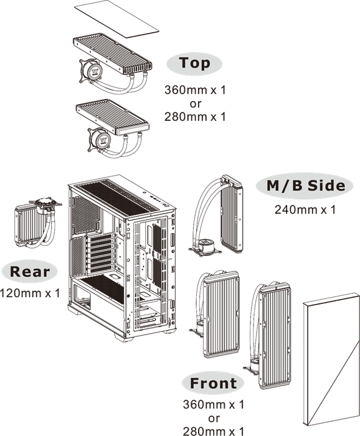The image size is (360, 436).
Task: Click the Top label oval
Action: pos(194,64)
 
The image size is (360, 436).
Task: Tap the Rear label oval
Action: pos(29,272)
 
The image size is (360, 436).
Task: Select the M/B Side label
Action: pos(305,186)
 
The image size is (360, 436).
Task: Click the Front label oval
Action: pos(213,383)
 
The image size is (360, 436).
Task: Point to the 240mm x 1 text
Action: pos(305,210)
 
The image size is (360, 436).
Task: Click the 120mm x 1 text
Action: pos(30,293)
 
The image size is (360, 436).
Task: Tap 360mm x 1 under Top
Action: pos(195,90)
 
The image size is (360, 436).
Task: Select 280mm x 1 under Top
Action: pos(195,117)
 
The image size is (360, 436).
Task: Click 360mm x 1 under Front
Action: pos(213,404)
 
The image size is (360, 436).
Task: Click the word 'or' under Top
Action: pos(195,104)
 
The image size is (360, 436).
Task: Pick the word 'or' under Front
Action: pos(214,418)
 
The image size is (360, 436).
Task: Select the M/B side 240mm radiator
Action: pos(231,214)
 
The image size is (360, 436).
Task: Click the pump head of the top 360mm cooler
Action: pos(90,70)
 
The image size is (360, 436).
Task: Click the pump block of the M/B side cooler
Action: pos(205,247)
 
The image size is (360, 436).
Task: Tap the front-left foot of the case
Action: pos(124,337)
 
